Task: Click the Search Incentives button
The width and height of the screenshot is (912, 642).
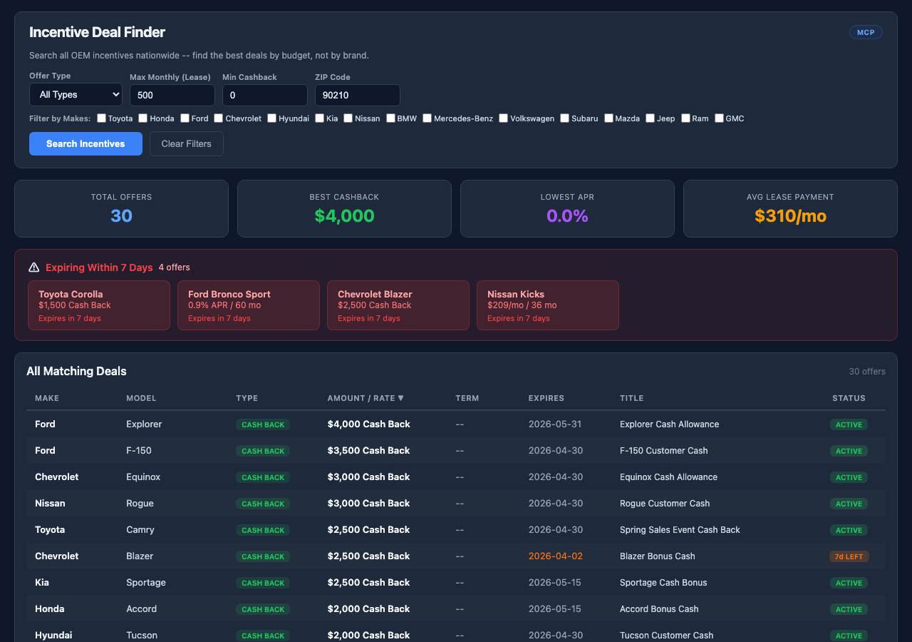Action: point(85,143)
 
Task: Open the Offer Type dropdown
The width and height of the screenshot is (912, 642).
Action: point(76,94)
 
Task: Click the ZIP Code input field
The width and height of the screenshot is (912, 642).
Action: point(357,95)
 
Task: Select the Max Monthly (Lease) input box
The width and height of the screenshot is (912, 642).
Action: point(172,95)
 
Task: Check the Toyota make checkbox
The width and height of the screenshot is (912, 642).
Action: point(102,118)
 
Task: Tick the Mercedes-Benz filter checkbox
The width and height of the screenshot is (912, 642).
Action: point(427,118)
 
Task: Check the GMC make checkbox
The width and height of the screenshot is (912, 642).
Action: point(719,118)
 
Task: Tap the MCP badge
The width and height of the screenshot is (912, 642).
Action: point(866,32)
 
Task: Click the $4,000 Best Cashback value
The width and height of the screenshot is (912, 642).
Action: point(344,215)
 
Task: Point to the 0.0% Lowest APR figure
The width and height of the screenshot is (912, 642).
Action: point(567,215)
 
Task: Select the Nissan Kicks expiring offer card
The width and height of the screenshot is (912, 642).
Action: point(547,305)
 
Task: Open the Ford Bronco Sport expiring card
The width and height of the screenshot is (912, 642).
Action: point(248,305)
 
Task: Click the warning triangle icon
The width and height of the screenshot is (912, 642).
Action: point(34,267)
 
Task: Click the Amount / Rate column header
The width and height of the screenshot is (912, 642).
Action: point(366,398)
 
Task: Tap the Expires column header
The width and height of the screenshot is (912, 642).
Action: point(546,398)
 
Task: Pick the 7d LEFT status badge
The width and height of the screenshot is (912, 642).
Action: point(849,556)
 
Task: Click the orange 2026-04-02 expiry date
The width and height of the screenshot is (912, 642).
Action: point(555,556)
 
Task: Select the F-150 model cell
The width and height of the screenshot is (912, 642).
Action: point(139,450)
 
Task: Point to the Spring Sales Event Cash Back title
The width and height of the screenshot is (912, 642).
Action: point(680,529)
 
